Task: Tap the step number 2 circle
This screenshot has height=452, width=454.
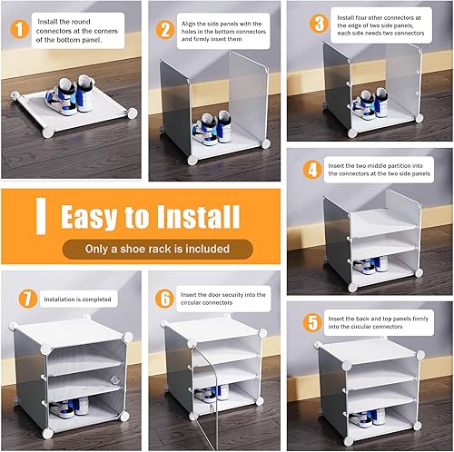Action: pos(164,28)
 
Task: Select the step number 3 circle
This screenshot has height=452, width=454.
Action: pos(319,23)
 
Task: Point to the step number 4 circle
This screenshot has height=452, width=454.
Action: pos(312,169)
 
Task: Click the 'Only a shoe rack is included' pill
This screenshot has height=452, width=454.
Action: pos(145,249)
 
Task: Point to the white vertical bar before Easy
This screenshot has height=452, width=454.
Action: pos(41,217)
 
